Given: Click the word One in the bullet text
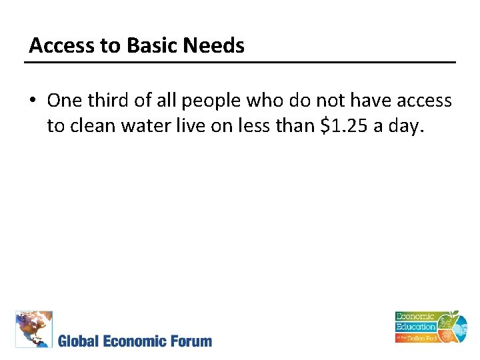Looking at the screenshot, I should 64,101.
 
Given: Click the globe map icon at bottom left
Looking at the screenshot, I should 34,329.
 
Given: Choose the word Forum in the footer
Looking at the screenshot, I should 191,341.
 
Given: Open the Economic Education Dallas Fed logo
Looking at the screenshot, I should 427,327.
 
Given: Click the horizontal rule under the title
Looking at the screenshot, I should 240,63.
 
